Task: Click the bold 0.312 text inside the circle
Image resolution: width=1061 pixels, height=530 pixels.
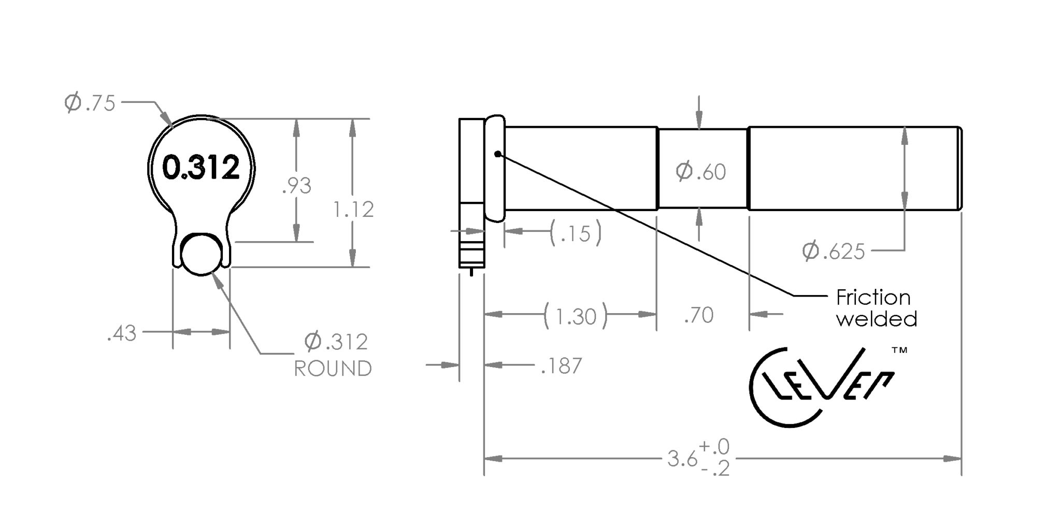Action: (x=201, y=168)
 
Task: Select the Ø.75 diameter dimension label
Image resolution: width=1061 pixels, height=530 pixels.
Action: (x=89, y=103)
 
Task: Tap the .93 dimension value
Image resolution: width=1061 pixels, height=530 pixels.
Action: (x=296, y=186)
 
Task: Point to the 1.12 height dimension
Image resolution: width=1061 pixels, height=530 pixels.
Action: (x=353, y=210)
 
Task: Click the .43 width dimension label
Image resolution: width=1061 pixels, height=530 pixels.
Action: (x=122, y=334)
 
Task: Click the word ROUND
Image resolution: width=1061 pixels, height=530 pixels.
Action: (x=333, y=369)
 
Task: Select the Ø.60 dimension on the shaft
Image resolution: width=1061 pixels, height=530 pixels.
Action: (x=701, y=172)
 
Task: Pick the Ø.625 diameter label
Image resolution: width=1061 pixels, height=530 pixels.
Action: (x=834, y=252)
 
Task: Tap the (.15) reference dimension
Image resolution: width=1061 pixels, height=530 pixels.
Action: (x=576, y=233)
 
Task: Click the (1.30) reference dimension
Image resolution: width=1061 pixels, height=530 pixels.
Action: (x=575, y=316)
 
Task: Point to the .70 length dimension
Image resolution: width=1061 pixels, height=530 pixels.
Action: (x=699, y=315)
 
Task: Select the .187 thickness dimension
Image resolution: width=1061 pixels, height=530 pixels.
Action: (x=562, y=366)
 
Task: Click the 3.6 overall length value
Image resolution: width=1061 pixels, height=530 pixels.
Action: (x=682, y=459)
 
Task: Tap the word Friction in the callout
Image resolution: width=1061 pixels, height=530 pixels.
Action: (x=873, y=298)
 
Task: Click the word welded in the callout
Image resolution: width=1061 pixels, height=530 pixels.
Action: (x=877, y=318)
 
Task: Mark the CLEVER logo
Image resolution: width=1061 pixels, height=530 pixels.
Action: (x=822, y=386)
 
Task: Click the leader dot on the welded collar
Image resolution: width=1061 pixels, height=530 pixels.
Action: (x=498, y=154)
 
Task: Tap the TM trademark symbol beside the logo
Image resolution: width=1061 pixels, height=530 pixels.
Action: (x=899, y=350)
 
